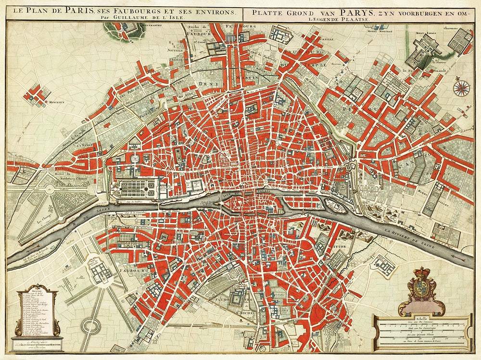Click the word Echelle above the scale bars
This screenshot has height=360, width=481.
(x=421, y=318)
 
